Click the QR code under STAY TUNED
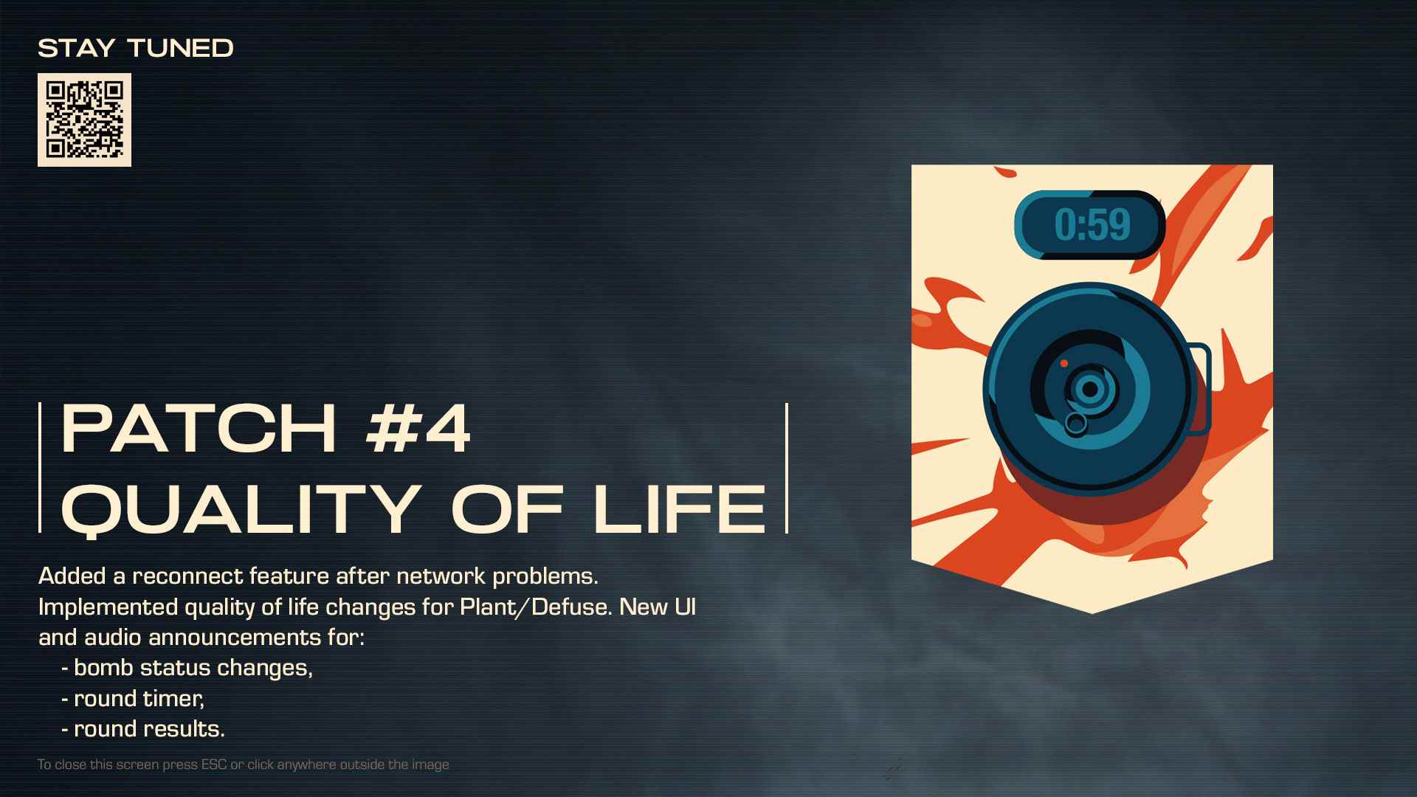[84, 120]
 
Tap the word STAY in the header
[77, 49]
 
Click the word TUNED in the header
[181, 49]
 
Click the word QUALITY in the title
[242, 509]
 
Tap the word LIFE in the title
[680, 508]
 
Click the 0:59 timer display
[1090, 225]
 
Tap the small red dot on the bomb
[1064, 363]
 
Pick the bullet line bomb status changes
[187, 668]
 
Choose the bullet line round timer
[133, 698]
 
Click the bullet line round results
[143, 729]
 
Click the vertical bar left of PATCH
[40, 467]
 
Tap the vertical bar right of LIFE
[787, 467]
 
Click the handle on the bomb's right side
[1201, 388]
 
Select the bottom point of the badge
[1092, 613]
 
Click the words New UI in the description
[658, 607]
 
